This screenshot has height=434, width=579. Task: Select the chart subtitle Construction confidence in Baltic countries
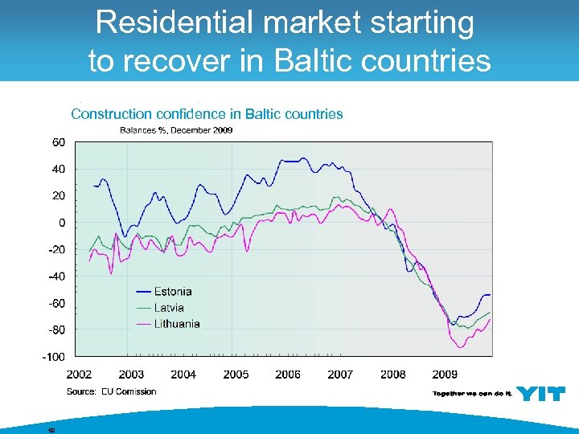(x=207, y=114)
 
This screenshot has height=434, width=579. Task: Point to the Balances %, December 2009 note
(x=176, y=130)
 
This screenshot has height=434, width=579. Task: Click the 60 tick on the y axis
(x=59, y=142)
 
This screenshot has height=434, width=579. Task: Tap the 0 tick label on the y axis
(x=62, y=223)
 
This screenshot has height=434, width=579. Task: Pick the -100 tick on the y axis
(x=54, y=356)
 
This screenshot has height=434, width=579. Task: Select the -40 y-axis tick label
(x=56, y=276)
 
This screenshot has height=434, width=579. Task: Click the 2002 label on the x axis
(x=79, y=375)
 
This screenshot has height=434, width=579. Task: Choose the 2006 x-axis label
(x=288, y=375)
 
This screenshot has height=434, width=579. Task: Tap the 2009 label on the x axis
(x=445, y=375)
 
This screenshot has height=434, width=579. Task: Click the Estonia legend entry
(x=172, y=292)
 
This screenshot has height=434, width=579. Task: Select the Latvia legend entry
(x=169, y=308)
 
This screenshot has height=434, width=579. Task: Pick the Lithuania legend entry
(x=177, y=324)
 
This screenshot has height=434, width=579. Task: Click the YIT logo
(x=540, y=393)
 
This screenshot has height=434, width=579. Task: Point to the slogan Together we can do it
(x=472, y=394)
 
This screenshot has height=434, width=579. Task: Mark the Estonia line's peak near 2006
(x=302, y=158)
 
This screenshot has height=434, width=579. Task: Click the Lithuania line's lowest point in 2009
(x=461, y=347)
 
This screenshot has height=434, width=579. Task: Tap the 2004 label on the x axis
(x=183, y=375)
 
